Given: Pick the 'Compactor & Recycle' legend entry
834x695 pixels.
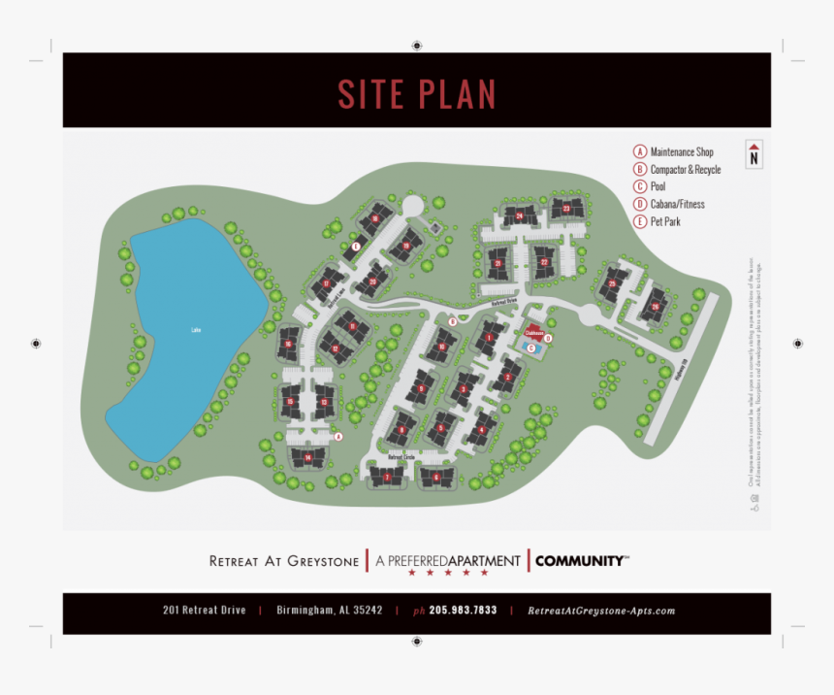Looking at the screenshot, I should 685,170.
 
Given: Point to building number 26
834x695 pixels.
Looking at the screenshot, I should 656,307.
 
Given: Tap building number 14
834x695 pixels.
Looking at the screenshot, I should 307,457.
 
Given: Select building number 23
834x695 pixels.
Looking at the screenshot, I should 566,209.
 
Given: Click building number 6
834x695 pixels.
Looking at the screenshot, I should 436,477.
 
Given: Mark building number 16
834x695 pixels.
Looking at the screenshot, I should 288,343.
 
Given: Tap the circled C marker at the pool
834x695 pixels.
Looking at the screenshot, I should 530,347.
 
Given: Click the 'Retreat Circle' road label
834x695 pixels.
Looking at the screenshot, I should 401,456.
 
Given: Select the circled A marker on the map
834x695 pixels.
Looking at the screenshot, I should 338,437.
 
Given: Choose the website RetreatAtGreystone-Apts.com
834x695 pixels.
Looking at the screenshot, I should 601,611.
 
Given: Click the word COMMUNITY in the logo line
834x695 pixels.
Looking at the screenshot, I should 580,561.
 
